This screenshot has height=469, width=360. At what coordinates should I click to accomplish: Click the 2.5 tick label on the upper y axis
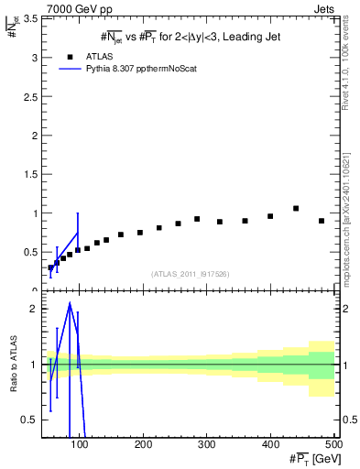coord(30,96)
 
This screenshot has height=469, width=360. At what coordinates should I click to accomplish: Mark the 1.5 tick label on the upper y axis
coord(30,174)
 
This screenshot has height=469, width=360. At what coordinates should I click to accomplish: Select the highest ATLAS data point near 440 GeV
coord(296,209)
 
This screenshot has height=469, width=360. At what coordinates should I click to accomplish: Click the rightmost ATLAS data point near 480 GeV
coord(322,221)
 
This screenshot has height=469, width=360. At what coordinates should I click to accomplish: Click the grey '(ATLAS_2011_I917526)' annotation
coord(190,274)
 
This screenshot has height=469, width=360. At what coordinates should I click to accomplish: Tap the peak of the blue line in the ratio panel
coord(70,303)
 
